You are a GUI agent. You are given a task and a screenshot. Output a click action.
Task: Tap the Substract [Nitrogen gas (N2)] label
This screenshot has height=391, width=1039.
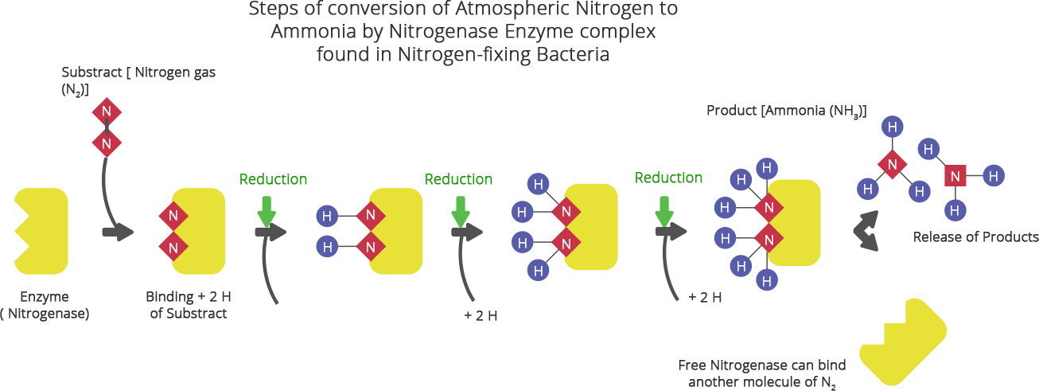click(x=138, y=80)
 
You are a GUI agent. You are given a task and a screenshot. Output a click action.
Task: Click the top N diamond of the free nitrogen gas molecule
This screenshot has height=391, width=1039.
click(x=106, y=111)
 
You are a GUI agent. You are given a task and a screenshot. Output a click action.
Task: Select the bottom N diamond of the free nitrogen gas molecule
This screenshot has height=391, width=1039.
click(x=106, y=144)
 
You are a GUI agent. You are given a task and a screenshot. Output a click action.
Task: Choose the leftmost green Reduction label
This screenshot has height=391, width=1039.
click(x=273, y=179)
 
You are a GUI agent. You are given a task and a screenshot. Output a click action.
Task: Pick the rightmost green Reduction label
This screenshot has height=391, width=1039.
click(x=668, y=178)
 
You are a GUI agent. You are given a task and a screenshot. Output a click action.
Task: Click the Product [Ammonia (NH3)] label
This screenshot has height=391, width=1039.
click(x=786, y=111)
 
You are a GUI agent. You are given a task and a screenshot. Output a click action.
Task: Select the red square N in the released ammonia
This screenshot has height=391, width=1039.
click(x=955, y=175)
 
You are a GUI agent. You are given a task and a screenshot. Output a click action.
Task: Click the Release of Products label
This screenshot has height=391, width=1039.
click(x=975, y=237)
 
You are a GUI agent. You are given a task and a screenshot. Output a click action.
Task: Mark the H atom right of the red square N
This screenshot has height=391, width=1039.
click(x=992, y=175)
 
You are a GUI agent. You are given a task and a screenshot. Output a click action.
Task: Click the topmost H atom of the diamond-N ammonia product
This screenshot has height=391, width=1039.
click(x=893, y=127)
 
